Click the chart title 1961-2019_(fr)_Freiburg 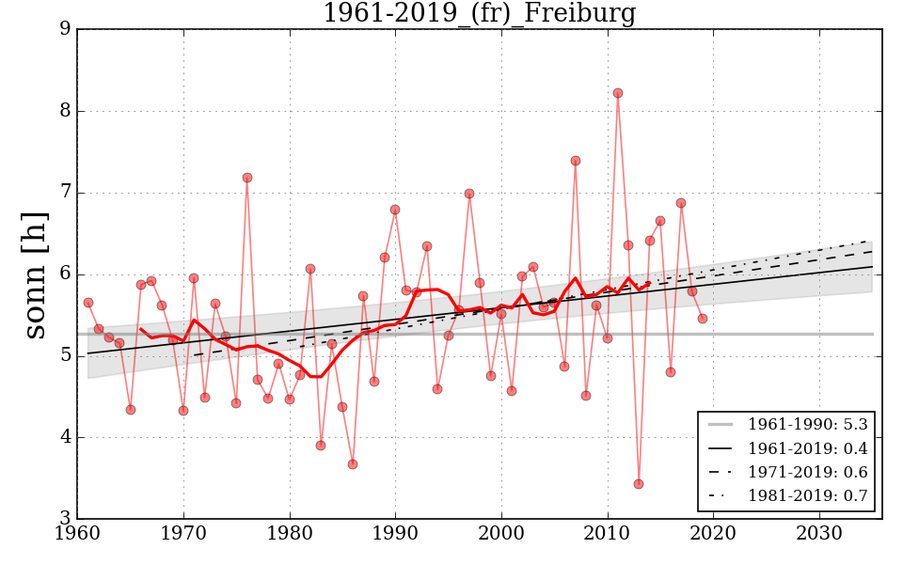click(x=479, y=14)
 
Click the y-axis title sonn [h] click(x=35, y=274)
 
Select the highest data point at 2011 click(x=618, y=93)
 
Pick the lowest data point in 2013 click(x=639, y=484)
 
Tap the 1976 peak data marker click(x=247, y=178)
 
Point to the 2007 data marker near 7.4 click(x=576, y=161)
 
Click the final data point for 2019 click(x=703, y=319)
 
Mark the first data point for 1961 click(x=88, y=303)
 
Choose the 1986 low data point click(x=353, y=464)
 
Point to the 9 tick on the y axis click(x=65, y=29)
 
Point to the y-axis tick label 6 click(x=65, y=274)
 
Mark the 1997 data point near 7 click(x=469, y=194)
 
